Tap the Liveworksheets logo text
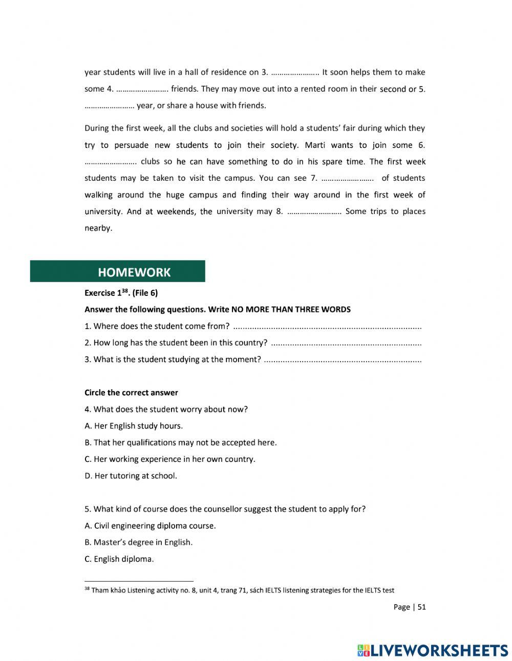click(433, 650)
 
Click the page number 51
click(421, 607)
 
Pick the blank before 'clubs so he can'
click(110, 162)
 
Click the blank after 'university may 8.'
click(315, 212)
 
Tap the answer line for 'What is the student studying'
click(343, 360)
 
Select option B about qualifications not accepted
click(180, 442)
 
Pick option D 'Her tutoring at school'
click(131, 476)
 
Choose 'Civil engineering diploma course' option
click(150, 526)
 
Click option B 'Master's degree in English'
click(138, 542)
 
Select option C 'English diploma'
click(119, 559)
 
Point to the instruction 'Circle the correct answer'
click(131, 393)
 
